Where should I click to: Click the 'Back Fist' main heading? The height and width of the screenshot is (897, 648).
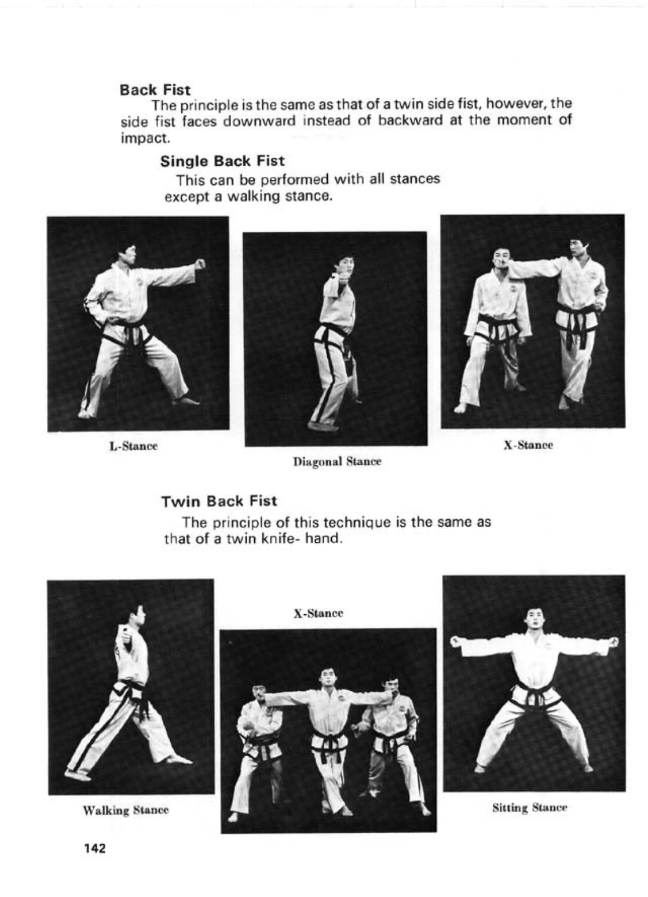tap(155, 90)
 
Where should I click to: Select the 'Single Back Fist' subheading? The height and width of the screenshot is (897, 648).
tap(222, 161)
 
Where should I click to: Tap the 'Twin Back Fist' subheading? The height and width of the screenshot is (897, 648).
tap(219, 501)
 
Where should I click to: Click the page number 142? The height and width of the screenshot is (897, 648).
tap(95, 848)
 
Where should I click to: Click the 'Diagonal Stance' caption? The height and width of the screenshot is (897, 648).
tap(336, 462)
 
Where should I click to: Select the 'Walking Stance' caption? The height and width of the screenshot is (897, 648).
tap(126, 810)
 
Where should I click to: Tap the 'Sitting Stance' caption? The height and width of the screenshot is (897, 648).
tap(529, 807)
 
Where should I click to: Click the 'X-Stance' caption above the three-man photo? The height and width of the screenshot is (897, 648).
tap(318, 613)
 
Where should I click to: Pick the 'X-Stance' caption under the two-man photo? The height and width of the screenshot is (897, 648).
tap(528, 445)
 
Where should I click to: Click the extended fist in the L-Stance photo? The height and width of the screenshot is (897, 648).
tap(200, 264)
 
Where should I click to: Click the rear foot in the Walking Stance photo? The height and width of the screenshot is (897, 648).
tap(75, 775)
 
